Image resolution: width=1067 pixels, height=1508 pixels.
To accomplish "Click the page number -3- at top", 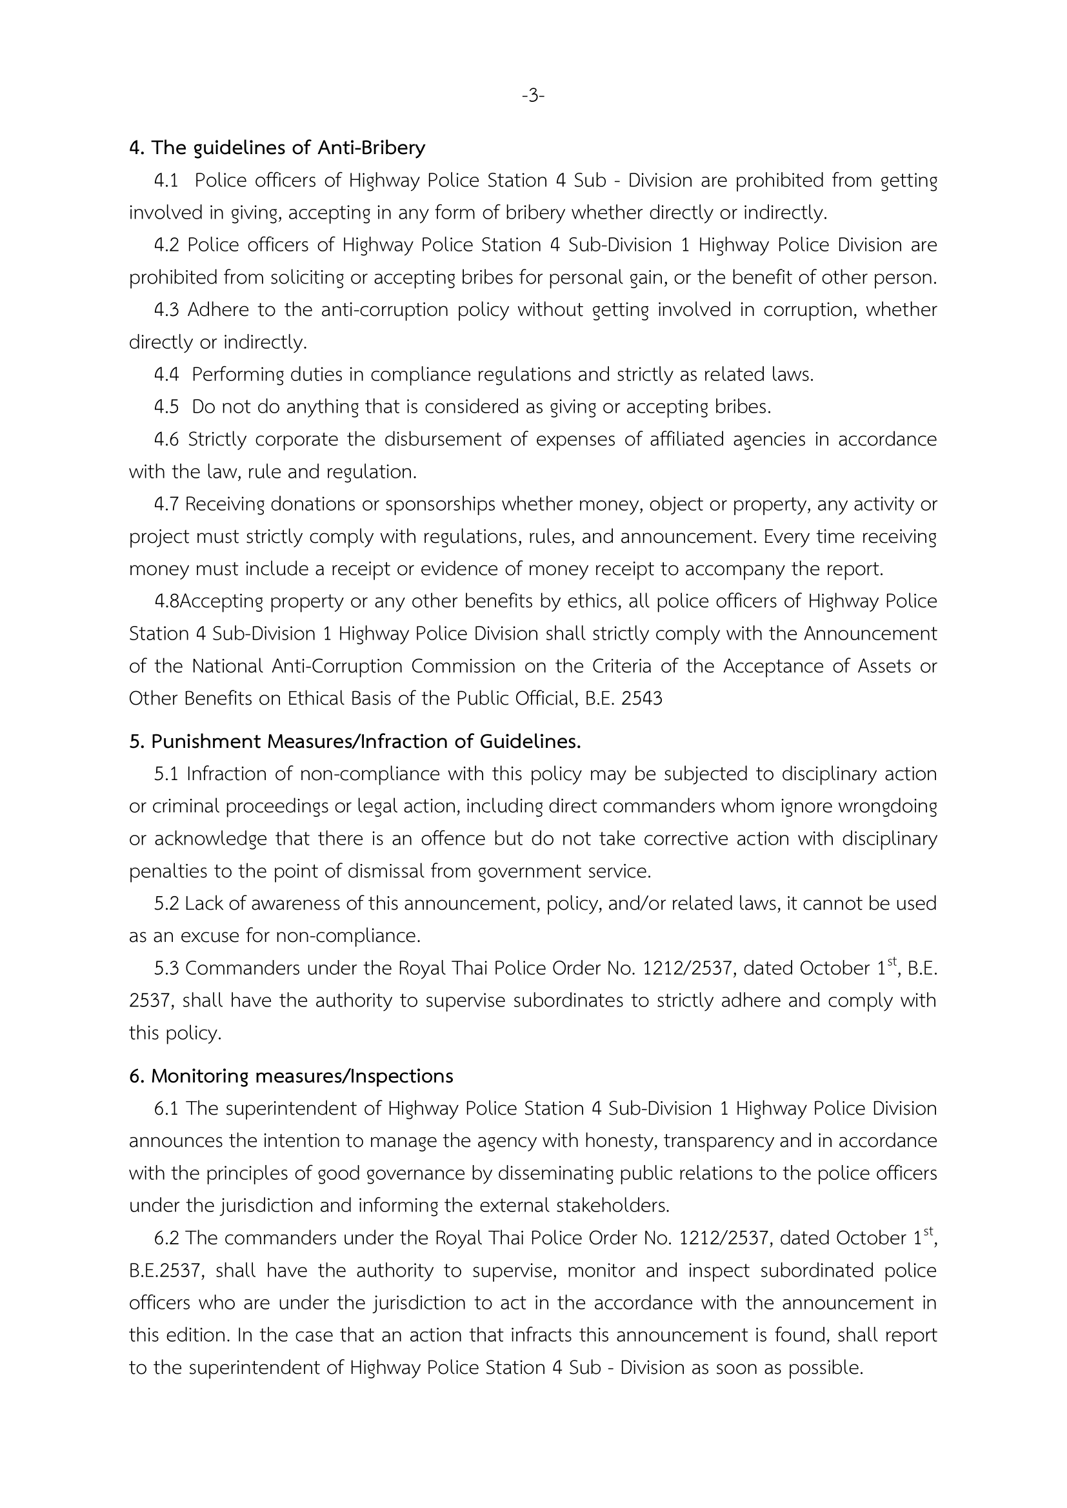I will coord(533,96).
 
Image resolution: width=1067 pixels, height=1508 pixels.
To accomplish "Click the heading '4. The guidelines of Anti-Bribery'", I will coord(277,148).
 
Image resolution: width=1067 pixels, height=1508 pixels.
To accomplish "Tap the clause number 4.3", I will coord(166,310).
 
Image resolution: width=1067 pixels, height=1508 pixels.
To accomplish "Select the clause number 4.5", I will coord(166,407).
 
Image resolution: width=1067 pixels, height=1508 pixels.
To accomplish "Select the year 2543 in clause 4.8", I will coord(641,699).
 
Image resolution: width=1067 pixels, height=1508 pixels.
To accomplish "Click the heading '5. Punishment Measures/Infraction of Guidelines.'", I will coord(355,741).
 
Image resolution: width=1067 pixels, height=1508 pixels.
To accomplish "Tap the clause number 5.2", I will coord(166,904).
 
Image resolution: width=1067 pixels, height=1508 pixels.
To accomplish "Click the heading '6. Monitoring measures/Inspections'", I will coord(291,1077).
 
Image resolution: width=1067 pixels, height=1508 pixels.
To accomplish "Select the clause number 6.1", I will coord(166,1109).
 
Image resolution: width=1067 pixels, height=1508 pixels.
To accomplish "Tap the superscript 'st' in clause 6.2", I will coord(928,1231).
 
